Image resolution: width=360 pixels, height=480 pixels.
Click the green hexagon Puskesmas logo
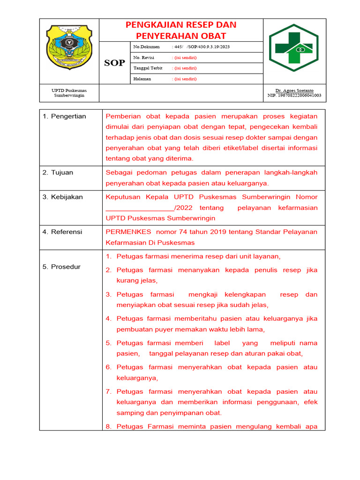click(293, 48)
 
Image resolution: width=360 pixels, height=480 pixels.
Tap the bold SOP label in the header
click(114, 63)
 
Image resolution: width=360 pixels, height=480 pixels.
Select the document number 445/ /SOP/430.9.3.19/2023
click(202, 47)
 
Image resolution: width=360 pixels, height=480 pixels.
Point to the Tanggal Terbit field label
click(148, 68)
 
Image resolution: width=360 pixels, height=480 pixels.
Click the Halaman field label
click(142, 79)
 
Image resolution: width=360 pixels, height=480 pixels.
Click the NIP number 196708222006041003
click(294, 95)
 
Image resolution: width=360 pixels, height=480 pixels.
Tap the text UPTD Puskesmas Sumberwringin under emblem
click(69, 93)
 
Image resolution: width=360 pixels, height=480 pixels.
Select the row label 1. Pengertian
click(64, 116)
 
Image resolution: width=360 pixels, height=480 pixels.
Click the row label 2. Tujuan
click(58, 172)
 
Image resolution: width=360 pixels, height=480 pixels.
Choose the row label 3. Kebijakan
click(62, 197)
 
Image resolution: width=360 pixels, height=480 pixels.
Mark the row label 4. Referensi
click(62, 232)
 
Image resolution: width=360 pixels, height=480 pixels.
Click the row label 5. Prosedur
click(61, 267)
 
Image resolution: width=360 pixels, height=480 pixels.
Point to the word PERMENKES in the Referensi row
click(128, 232)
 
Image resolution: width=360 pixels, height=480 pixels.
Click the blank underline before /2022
click(140, 208)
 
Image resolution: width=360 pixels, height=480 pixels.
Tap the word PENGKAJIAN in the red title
click(153, 25)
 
